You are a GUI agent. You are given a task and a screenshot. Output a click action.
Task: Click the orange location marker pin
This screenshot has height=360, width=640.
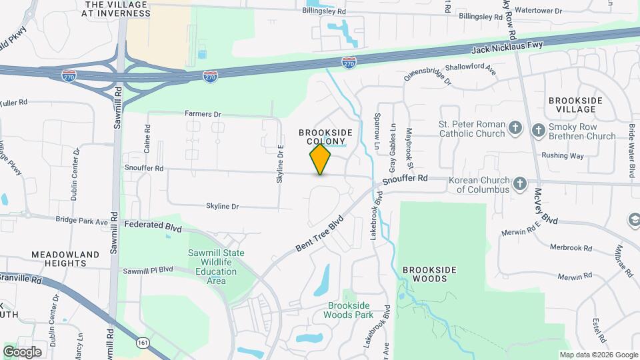coord(320,159)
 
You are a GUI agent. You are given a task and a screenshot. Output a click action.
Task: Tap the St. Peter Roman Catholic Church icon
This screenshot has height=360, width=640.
coord(515,127)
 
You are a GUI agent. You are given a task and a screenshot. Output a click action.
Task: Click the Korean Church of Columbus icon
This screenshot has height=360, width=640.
coord(520,183)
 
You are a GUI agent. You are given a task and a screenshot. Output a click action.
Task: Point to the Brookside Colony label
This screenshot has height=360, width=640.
coord(325,137)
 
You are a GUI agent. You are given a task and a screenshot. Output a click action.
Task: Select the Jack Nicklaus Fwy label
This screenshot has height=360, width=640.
coord(507,47)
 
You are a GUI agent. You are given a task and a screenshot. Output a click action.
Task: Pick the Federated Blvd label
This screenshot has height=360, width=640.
coord(153,226)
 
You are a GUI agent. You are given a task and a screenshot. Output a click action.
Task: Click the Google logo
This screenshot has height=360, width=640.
coord(23,351)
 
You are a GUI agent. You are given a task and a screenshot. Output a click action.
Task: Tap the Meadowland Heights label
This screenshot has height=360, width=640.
coord(65,259)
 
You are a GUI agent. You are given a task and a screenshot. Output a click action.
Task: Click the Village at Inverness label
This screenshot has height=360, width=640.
coord(115,8)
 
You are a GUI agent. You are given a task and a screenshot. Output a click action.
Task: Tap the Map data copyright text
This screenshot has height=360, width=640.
coord(597,355)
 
